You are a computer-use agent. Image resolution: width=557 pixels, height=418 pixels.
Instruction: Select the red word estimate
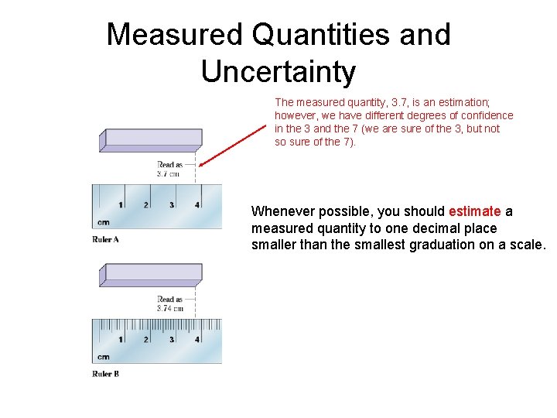tap(474, 211)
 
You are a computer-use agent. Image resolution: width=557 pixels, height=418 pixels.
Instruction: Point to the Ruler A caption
tap(105, 239)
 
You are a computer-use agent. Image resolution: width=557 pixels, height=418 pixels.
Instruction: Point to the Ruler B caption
tap(105, 374)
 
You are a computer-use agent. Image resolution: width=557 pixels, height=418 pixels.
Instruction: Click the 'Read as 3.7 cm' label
tap(170, 170)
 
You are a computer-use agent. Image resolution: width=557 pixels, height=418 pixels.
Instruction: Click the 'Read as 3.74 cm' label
tap(170, 303)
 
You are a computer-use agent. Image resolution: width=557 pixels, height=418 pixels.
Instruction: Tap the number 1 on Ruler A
tap(121, 205)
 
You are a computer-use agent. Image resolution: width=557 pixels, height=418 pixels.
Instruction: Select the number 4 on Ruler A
tap(197, 205)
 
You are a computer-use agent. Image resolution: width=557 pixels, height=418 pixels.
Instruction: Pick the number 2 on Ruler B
tap(146, 340)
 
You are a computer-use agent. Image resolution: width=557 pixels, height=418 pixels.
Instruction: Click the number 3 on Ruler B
tap(172, 340)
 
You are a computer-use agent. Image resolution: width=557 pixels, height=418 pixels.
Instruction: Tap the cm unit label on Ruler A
tap(103, 223)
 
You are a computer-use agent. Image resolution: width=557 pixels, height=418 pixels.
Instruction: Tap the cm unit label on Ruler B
tap(103, 357)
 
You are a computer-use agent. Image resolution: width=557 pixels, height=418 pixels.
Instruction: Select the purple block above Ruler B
tap(152, 273)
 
